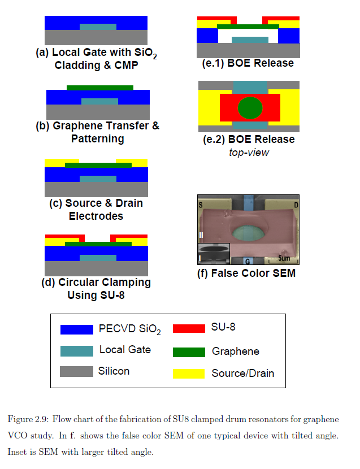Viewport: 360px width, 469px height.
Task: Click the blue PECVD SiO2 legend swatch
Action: [77, 329]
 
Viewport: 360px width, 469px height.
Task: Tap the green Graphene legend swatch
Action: [189, 352]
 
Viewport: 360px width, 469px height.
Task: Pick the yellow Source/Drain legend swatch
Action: [189, 373]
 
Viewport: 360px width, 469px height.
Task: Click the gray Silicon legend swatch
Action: [77, 371]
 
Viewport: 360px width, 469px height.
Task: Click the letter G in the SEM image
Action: [247, 260]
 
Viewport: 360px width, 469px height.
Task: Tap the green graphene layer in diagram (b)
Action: [100, 88]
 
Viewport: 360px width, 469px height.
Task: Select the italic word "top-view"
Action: [249, 152]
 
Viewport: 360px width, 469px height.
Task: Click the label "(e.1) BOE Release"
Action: [248, 63]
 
